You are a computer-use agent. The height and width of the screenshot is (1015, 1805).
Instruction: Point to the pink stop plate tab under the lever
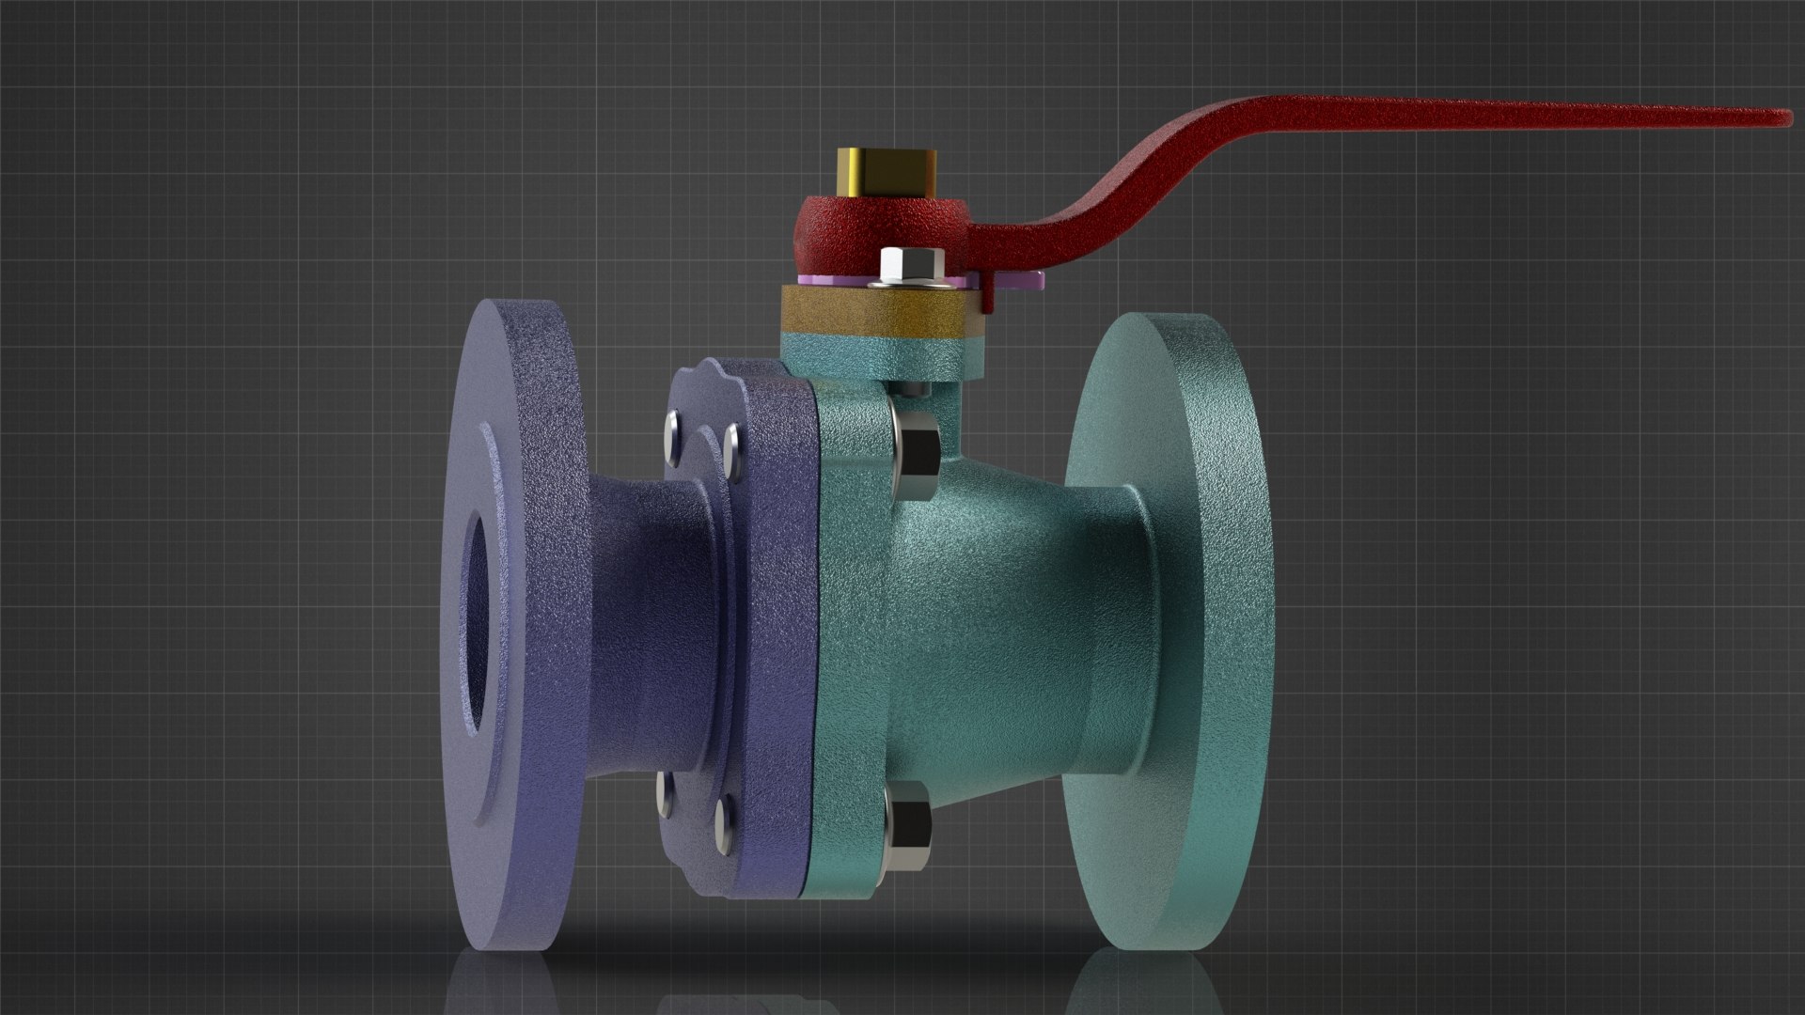point(1020,279)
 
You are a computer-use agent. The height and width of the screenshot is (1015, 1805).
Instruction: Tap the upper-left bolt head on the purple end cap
point(672,432)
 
